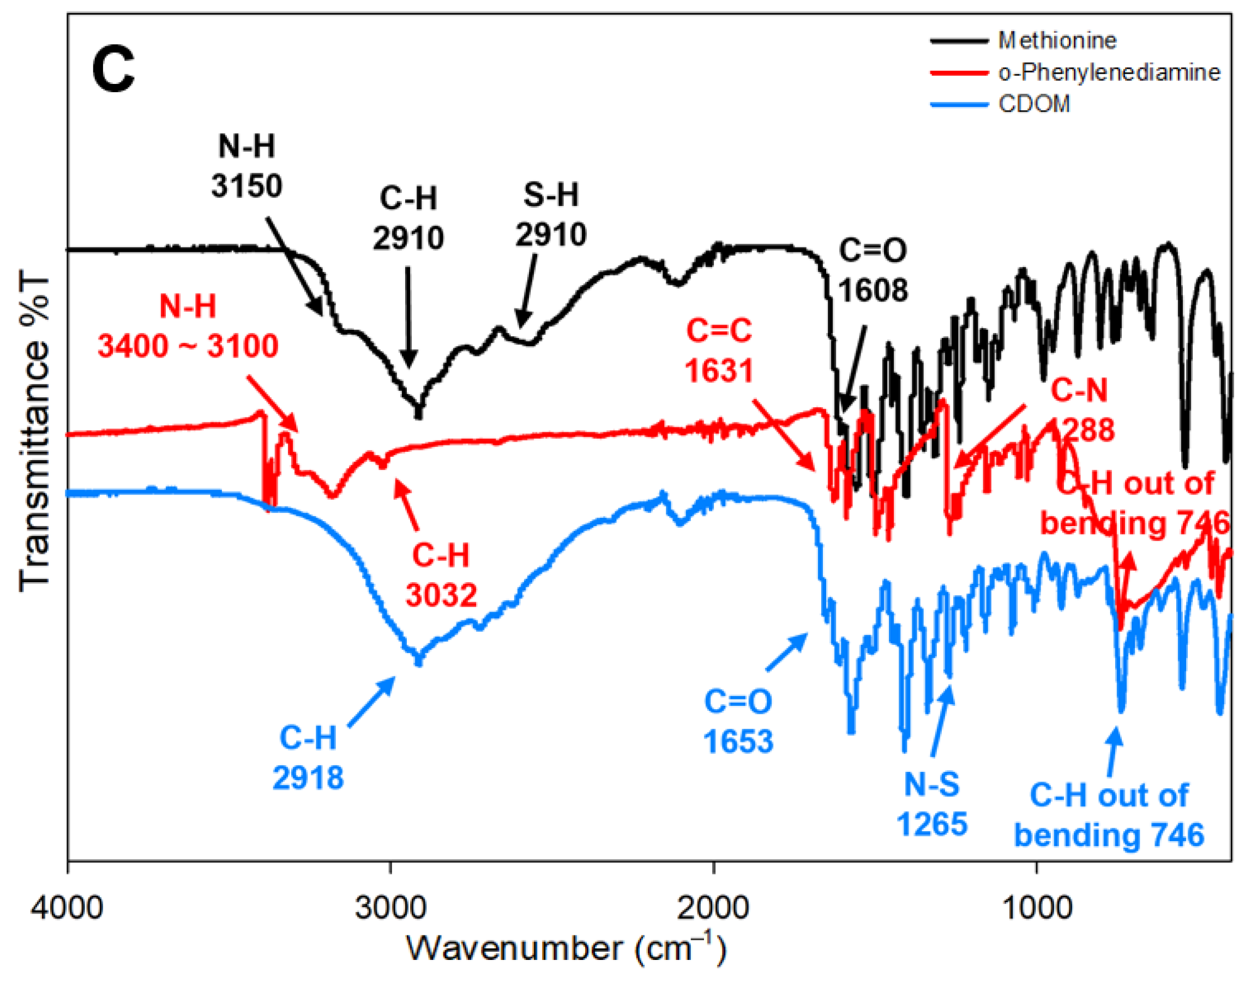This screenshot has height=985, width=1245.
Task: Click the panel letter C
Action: pos(113,71)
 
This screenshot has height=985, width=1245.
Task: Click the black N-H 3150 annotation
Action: pos(246,167)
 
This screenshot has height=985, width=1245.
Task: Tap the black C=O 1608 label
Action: pos(873,269)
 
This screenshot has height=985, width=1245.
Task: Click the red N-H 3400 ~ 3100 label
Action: pos(188,327)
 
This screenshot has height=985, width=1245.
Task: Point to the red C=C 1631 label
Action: pos(719,350)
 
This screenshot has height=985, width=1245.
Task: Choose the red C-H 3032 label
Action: pos(441,575)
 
